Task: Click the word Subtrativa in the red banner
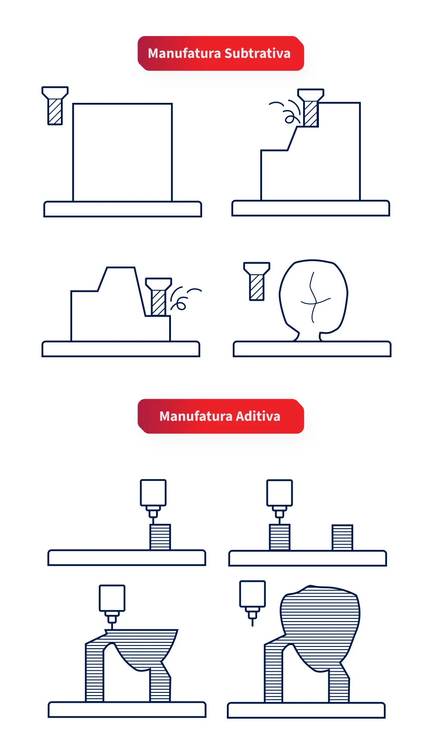[257, 53]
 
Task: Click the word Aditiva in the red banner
[258, 416]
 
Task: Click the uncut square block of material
[122, 152]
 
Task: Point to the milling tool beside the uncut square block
[55, 106]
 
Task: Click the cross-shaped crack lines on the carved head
[313, 299]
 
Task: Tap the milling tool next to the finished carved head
[257, 281]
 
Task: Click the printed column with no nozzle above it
[342, 537]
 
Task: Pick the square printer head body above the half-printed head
[112, 598]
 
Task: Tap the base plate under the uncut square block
[123, 209]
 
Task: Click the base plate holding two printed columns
[307, 558]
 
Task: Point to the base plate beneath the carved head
[312, 349]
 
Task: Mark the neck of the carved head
[309, 336]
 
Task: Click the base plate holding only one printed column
[127, 558]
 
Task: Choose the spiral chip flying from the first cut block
[289, 118]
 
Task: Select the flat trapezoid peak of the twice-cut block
[120, 268]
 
